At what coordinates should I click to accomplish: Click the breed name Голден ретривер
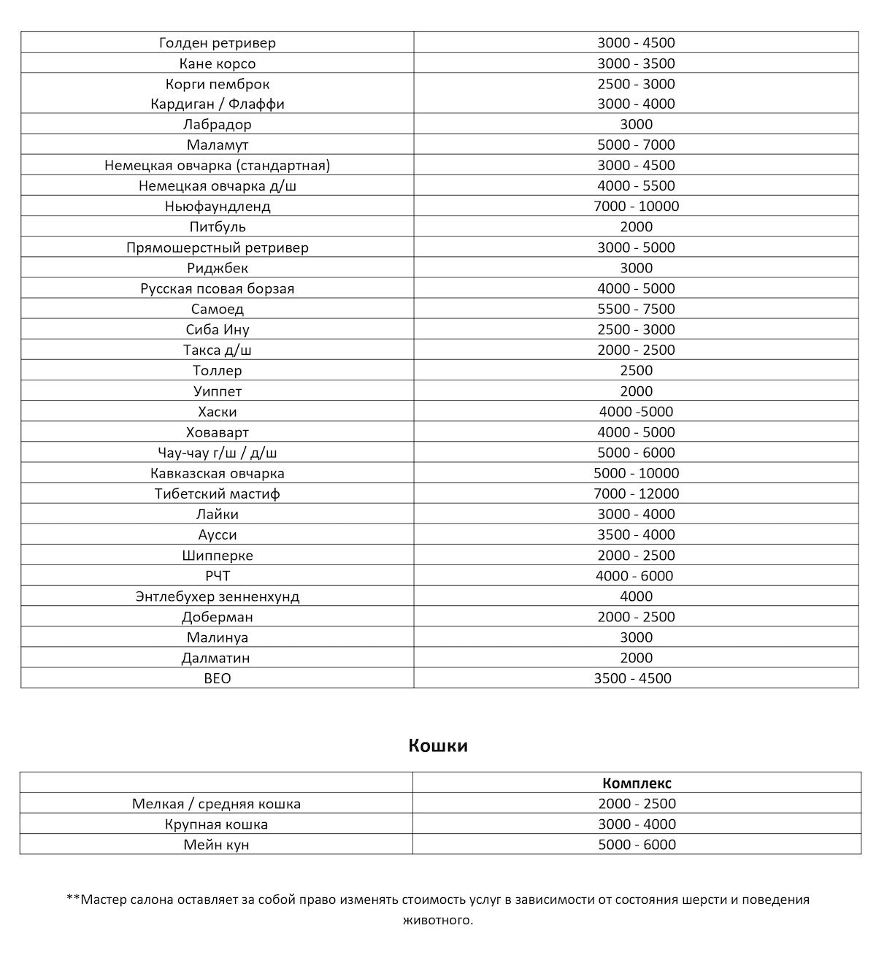pos(218,42)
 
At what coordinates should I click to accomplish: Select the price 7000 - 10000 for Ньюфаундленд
pos(636,207)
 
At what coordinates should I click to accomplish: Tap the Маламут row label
pos(218,145)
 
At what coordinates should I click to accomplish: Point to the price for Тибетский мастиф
pos(636,494)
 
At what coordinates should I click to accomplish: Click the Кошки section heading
pos(438,745)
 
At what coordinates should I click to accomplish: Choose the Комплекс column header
pos(637,783)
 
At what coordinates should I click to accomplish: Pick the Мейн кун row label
pos(216,845)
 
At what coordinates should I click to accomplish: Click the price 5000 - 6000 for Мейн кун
pos(637,845)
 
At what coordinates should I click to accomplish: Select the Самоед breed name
pos(218,309)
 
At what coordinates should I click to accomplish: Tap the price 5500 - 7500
pos(636,309)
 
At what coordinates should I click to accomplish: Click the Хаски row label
pos(218,412)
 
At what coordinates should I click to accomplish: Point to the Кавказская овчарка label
pos(218,473)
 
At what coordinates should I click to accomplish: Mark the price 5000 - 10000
pos(636,473)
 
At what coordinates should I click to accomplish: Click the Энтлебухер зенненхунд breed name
pos(218,596)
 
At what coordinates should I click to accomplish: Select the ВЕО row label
pos(218,678)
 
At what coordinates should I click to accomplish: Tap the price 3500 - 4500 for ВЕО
pos(633,678)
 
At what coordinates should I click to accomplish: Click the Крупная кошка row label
pos(216,824)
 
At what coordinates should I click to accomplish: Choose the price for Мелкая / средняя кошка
pos(637,804)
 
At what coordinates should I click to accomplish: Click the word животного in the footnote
pos(438,920)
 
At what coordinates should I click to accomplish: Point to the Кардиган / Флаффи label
pos(218,104)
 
